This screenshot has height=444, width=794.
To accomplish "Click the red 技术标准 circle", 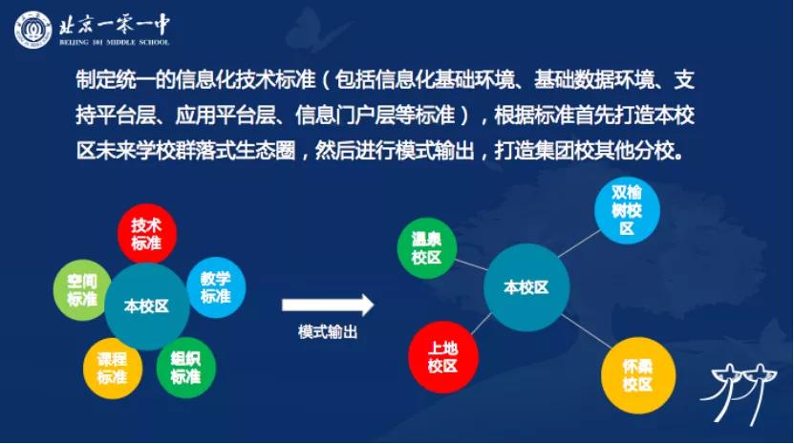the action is point(147,233).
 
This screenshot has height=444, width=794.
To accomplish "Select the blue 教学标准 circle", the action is point(216,287).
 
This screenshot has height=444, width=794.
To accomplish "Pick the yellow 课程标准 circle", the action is point(113,368).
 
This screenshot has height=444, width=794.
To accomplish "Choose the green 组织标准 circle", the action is point(186,368).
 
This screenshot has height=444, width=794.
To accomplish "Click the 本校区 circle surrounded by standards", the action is point(147,307).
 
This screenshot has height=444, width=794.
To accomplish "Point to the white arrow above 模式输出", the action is point(328,305).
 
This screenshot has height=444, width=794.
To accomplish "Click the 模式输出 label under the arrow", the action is point(328,332).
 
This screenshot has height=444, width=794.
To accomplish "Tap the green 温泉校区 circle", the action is point(427,248).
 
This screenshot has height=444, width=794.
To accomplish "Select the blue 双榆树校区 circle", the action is point(627,210).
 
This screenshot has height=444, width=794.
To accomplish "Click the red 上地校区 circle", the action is point(443,357).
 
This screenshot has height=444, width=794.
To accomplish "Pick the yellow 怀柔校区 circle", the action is point(638,375).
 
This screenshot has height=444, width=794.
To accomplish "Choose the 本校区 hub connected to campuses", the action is point(526,287).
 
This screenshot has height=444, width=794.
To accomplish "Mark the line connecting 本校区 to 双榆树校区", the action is point(579,243).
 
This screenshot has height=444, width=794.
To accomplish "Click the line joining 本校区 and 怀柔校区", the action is point(587,331).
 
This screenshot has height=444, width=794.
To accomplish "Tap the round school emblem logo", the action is point(33,30).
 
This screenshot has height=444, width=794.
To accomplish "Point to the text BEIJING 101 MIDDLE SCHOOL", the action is point(115,43).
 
